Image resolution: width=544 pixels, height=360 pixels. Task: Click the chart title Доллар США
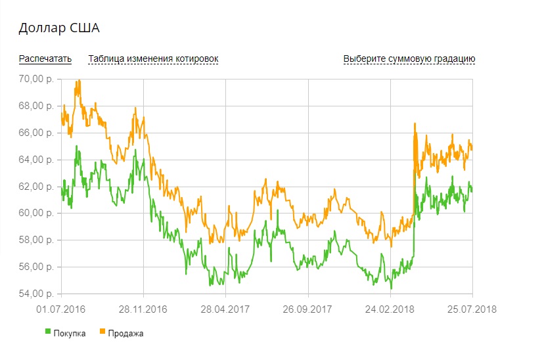58,28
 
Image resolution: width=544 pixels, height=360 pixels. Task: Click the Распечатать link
45,59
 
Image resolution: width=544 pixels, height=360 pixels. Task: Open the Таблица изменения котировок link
153,59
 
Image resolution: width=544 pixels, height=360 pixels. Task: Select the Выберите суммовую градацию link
409,59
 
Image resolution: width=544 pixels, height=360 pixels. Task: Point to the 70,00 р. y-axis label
37,79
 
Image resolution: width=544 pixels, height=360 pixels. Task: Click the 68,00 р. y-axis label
37,106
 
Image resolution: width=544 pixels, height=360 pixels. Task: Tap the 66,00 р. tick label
37,133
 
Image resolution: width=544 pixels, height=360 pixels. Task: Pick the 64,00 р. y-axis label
37,160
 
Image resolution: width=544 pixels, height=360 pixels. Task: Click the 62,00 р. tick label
37,187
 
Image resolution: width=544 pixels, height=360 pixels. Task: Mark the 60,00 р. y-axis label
37,214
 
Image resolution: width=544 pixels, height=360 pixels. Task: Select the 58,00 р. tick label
37,240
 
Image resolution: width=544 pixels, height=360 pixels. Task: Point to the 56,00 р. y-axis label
37,267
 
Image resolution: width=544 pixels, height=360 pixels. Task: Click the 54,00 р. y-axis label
37,294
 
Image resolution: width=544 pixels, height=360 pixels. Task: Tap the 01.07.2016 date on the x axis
60,309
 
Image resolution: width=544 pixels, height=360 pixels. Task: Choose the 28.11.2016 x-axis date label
143,309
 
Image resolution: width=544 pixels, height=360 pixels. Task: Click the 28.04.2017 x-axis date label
225,309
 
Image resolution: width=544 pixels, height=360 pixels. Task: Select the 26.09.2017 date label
307,309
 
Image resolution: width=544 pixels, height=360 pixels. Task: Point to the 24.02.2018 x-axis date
390,309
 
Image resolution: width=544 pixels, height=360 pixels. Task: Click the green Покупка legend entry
66,333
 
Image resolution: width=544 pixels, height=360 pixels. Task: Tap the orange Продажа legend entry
121,333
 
